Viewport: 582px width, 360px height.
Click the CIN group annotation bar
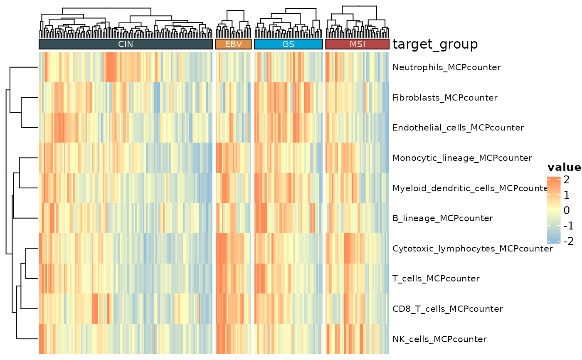[x=126, y=44]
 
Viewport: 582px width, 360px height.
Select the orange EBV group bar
[x=233, y=44]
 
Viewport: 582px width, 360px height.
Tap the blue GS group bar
[x=288, y=44]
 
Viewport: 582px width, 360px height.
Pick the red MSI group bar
[x=357, y=44]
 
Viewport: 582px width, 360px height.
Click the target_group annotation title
[x=435, y=44]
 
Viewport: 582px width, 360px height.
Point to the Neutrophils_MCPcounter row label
[x=446, y=67]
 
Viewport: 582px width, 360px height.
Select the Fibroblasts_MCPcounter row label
[x=445, y=98]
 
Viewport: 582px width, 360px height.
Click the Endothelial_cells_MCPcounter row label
[x=458, y=128]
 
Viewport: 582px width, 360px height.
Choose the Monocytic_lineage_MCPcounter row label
[x=462, y=158]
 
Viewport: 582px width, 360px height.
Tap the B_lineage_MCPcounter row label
[x=443, y=218]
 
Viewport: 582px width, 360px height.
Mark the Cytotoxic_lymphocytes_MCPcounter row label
[x=472, y=249]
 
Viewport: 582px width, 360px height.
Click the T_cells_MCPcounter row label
[x=436, y=279]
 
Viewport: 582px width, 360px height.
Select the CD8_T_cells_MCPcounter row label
[x=447, y=309]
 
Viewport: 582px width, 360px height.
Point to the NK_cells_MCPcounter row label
[x=439, y=339]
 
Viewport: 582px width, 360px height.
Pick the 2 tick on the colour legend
[x=567, y=180]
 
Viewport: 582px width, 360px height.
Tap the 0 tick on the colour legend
[x=567, y=210]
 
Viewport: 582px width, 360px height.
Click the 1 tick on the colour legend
[x=567, y=195]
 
